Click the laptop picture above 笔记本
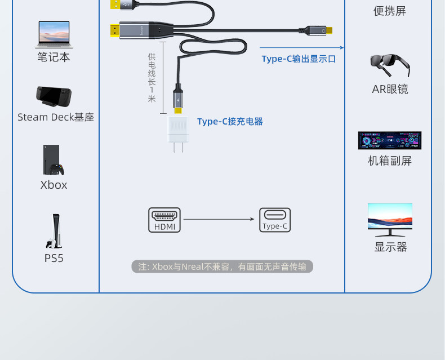(54, 34)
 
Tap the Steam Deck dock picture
(54, 97)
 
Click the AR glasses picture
(389, 65)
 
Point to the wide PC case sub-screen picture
(389, 140)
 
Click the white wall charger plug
(179, 132)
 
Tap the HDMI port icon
(164, 220)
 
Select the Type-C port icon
(275, 220)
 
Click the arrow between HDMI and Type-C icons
(220, 219)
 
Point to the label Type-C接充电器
(230, 122)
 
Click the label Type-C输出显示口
(299, 59)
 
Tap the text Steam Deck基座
(55, 117)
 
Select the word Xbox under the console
(54, 185)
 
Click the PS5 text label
(54, 259)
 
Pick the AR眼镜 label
(390, 89)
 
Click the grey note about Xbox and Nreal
(222, 266)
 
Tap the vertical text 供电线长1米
(152, 78)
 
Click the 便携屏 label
(389, 11)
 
